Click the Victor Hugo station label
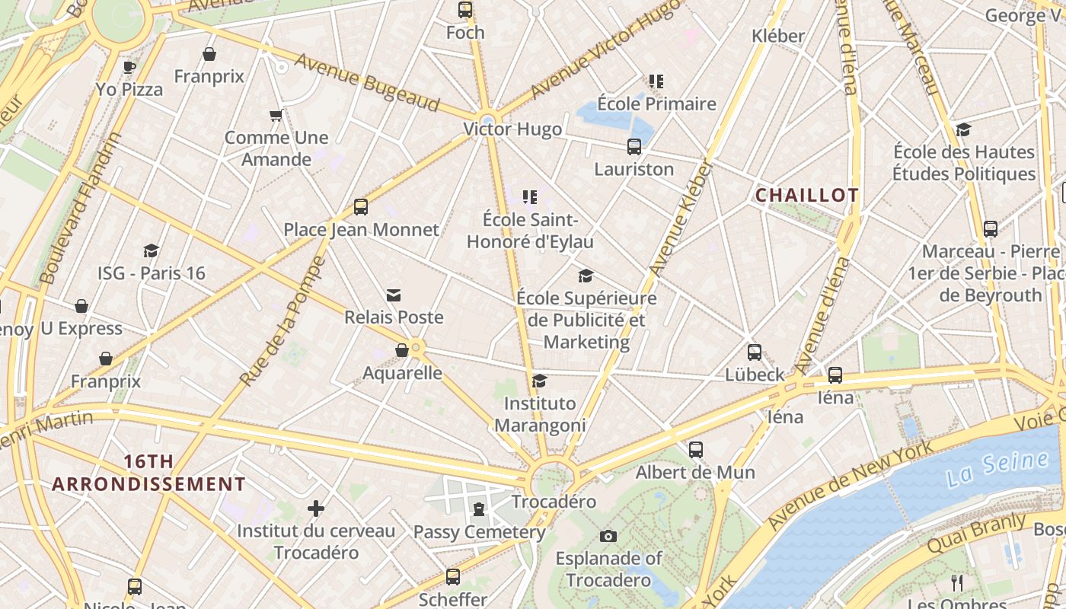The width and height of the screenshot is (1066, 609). [x=512, y=129]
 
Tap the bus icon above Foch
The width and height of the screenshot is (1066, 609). [x=464, y=10]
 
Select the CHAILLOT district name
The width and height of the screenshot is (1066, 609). [x=806, y=196]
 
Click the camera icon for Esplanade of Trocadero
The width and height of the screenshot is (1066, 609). [x=608, y=536]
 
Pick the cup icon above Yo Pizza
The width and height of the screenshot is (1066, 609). [x=129, y=67]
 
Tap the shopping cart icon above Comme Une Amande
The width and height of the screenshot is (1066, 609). [x=276, y=116]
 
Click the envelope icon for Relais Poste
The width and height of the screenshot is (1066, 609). [x=394, y=295]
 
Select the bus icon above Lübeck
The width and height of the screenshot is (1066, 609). [x=754, y=352]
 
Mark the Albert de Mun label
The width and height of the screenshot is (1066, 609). [x=695, y=472]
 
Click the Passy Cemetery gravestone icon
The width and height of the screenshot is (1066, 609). [x=479, y=509]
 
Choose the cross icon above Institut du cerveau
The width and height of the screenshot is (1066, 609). [x=316, y=508]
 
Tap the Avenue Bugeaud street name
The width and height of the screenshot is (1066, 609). [x=367, y=82]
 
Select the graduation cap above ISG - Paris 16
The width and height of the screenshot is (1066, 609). [x=151, y=250]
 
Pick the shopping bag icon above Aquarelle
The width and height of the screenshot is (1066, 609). [x=402, y=350]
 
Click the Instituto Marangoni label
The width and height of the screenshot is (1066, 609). [x=540, y=414]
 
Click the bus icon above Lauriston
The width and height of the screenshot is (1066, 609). [x=634, y=147]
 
